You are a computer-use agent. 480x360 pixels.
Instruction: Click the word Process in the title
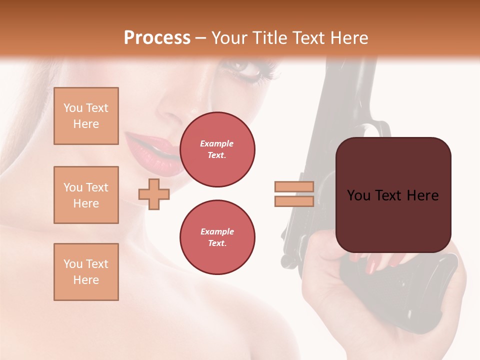(157, 38)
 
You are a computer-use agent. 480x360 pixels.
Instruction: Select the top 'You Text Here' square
(86, 116)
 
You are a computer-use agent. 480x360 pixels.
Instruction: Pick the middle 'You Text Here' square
(86, 195)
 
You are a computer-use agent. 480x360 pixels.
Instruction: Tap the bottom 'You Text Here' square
(86, 271)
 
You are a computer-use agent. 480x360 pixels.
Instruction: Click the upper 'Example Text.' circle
(217, 149)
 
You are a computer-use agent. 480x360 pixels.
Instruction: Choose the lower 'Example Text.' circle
(217, 237)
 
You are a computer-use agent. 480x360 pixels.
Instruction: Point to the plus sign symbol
(154, 194)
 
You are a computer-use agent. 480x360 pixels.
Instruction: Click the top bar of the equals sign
(294, 187)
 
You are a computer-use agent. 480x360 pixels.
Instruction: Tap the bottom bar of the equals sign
(294, 201)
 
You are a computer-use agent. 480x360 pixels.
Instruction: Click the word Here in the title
(348, 38)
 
